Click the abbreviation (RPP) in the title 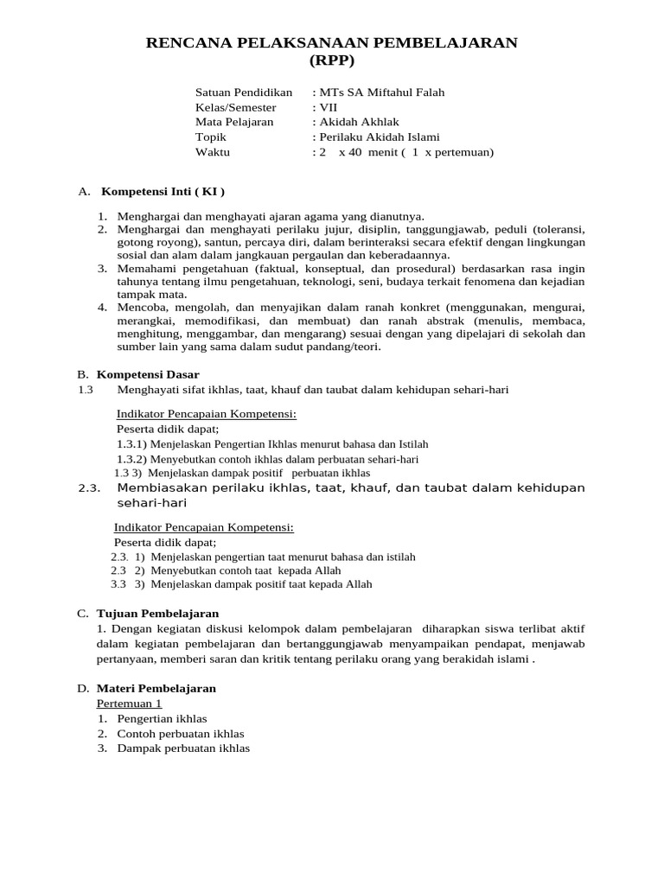coord(332,60)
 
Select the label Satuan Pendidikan coord(244,92)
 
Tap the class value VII coord(328,107)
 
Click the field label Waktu coord(213,152)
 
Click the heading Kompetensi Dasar coord(148,374)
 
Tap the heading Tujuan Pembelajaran coord(157,613)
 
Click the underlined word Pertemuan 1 coord(129,704)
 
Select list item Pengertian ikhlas coord(162,718)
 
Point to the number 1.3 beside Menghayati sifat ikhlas coord(85,390)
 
